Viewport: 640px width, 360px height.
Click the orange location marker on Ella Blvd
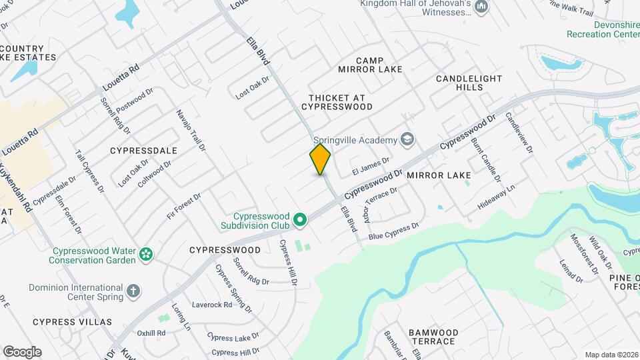[x=320, y=159]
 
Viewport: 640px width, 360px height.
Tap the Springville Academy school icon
[x=407, y=139]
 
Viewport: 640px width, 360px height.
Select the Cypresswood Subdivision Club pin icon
[x=300, y=219]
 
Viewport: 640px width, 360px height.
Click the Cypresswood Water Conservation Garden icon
[x=145, y=254]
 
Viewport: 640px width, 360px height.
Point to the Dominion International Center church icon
[x=133, y=290]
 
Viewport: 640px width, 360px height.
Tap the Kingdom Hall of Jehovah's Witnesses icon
[x=481, y=7]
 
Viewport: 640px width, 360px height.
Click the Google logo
[x=22, y=351]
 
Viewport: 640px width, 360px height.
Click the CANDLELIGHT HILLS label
[x=469, y=83]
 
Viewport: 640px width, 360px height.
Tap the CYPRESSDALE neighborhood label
[x=143, y=151]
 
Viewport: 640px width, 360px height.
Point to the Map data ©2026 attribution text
[x=611, y=355]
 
